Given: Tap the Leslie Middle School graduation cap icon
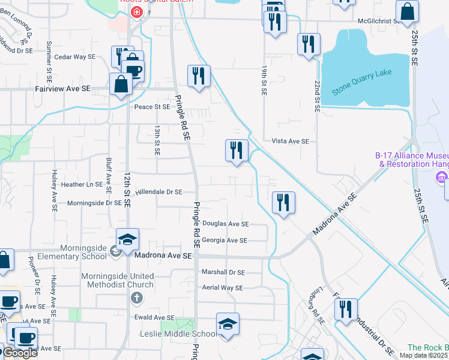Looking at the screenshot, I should pos(228,325).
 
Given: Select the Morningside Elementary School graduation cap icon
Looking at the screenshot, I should pos(127,240).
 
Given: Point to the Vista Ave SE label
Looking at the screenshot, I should pos(290,141).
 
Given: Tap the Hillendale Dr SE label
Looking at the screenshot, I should pos(158,192).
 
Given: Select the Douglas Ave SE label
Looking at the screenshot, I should pos(225,224).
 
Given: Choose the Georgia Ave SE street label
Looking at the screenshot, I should pos(224,240).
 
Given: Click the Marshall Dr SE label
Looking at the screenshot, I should pos(223,272).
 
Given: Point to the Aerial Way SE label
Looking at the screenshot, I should pos(222,288).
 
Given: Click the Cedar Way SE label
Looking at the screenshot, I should pos(75,57).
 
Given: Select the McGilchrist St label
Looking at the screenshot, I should pos(379,21).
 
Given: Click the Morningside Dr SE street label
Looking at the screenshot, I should pos(94,203).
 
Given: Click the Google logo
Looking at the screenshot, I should pos(20,353).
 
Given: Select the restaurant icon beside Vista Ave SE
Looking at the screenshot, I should pos(237,150).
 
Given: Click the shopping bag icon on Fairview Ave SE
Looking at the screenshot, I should pos(121,85).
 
